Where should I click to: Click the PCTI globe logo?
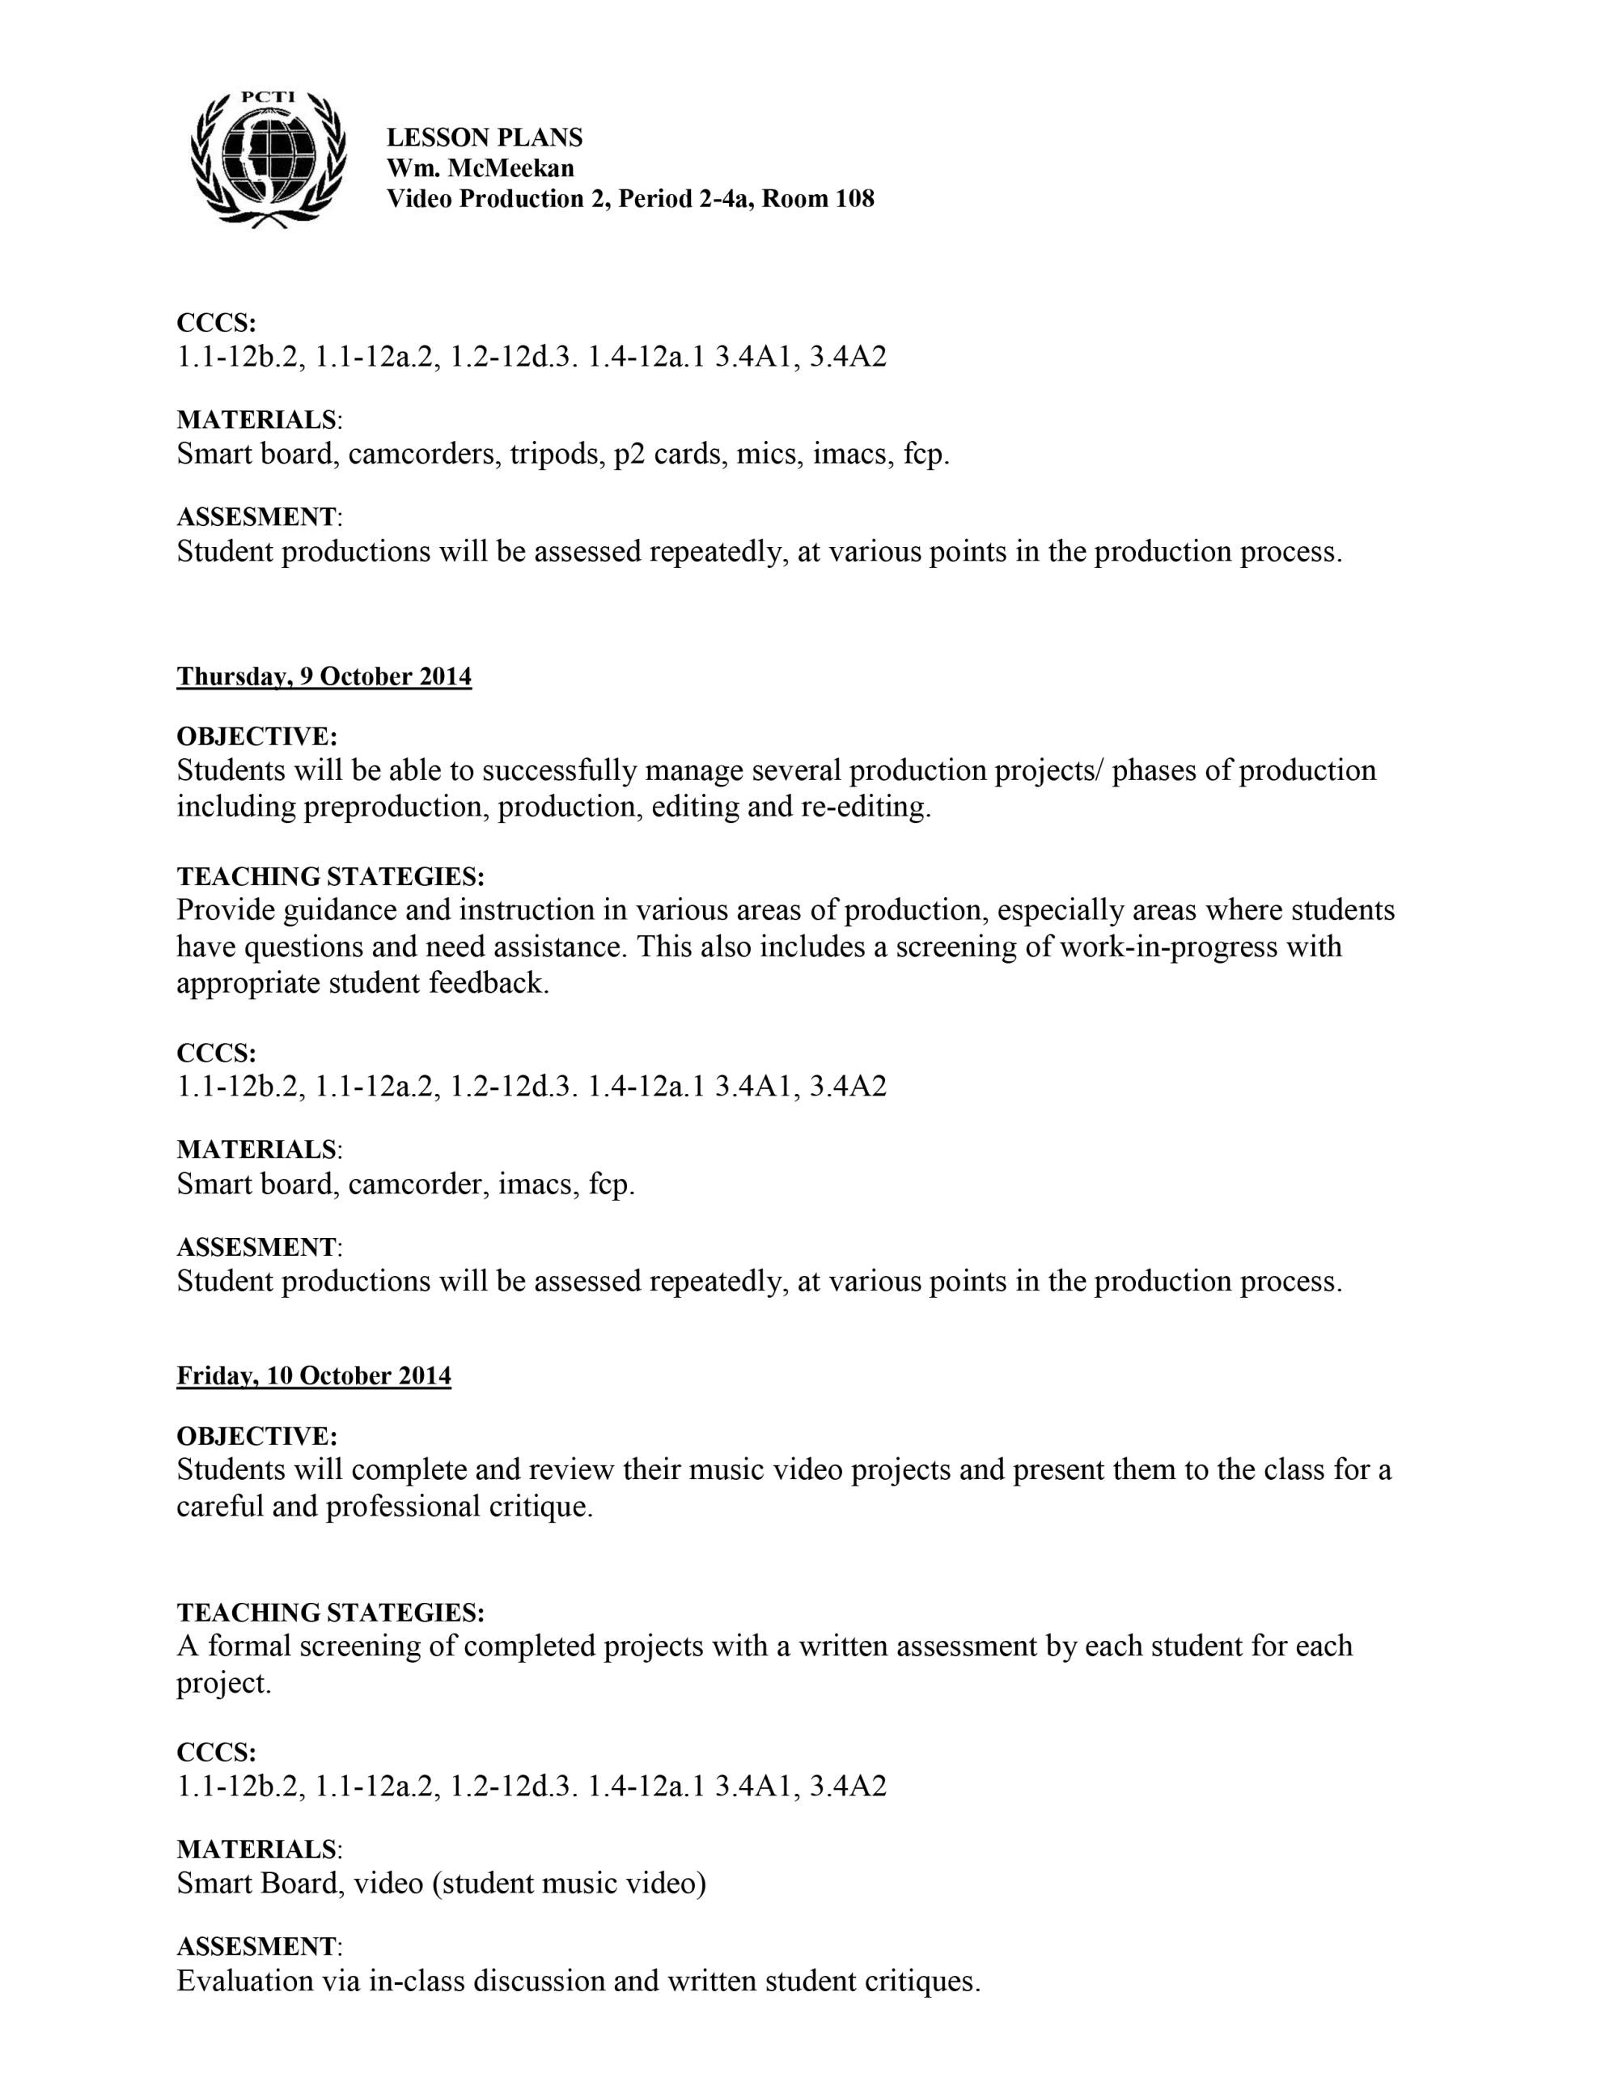[x=268, y=159]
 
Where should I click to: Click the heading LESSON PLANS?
[x=484, y=138]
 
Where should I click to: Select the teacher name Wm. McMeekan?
[x=481, y=169]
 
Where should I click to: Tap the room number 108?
[x=853, y=199]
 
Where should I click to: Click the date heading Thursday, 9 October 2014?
[x=324, y=677]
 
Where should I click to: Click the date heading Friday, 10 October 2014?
[x=313, y=1376]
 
